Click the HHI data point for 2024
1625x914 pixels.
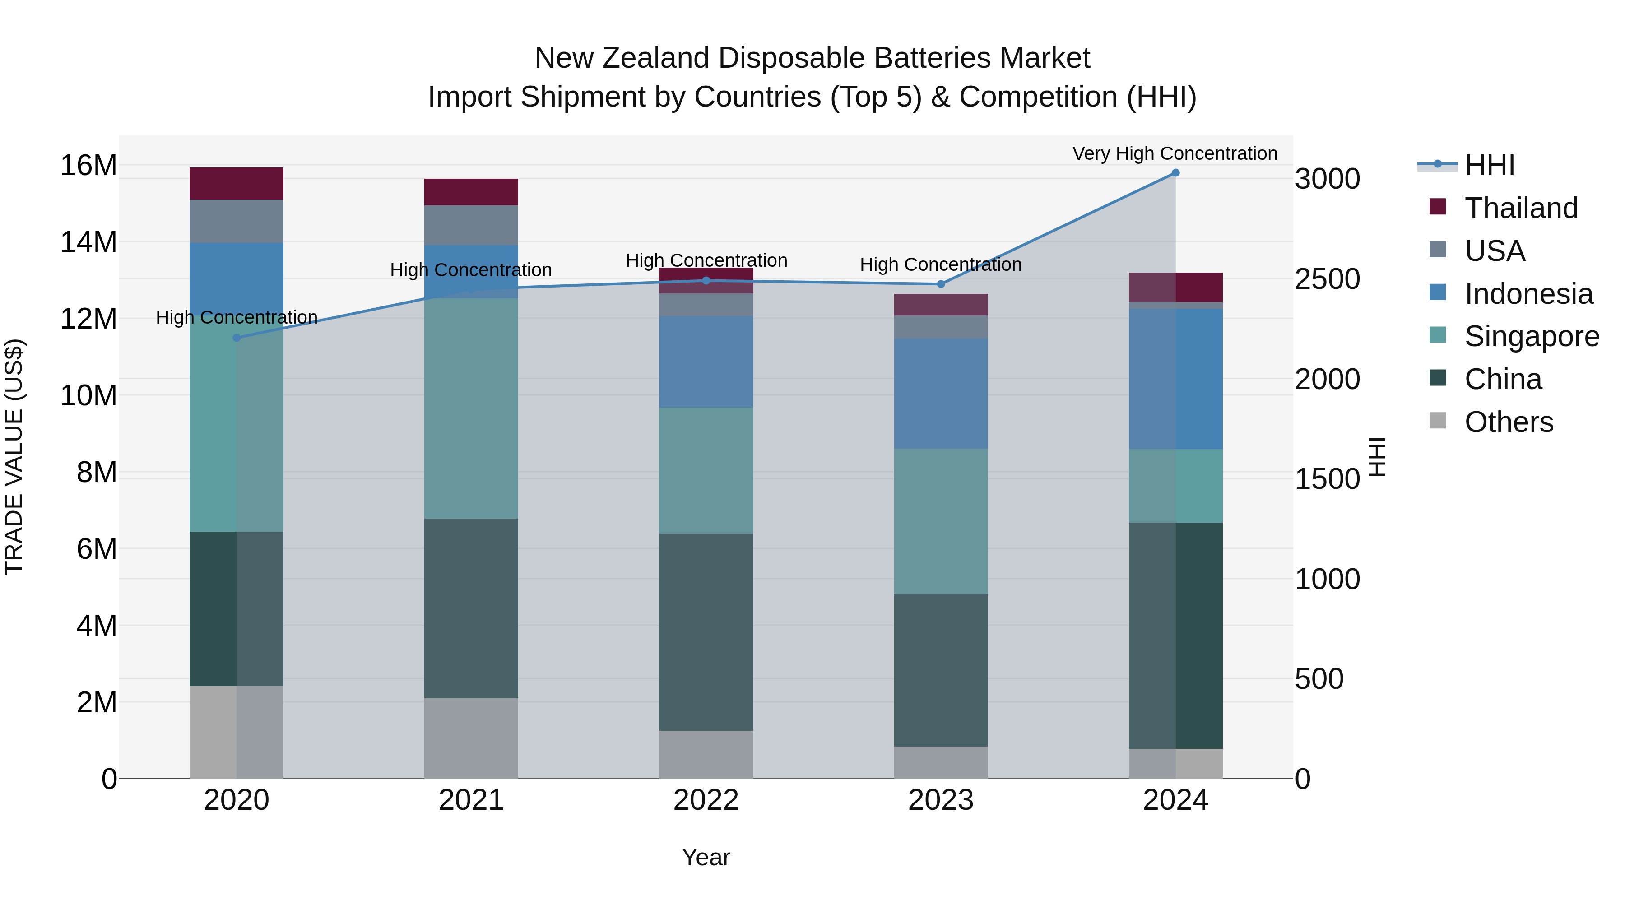[x=1175, y=173]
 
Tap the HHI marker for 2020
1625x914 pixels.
[x=237, y=338]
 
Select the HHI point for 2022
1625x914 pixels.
[x=706, y=281]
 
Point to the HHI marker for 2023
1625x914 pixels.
[x=941, y=284]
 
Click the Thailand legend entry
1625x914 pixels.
[x=1520, y=208]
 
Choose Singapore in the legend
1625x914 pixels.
[x=1531, y=336]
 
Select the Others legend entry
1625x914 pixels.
[x=1508, y=422]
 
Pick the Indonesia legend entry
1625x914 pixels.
[x=1528, y=294]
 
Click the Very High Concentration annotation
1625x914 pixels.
[x=1175, y=153]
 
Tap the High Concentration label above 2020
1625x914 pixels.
[x=237, y=317]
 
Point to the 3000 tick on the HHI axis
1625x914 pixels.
[x=1327, y=179]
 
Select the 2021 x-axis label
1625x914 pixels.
[x=471, y=800]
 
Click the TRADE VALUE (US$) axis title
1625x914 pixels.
[x=14, y=457]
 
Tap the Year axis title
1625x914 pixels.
[x=706, y=857]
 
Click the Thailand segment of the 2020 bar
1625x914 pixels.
[x=237, y=184]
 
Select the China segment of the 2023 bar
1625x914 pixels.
[x=941, y=670]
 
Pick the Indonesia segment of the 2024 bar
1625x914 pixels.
[x=1175, y=379]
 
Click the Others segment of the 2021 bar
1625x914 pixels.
[x=471, y=738]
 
